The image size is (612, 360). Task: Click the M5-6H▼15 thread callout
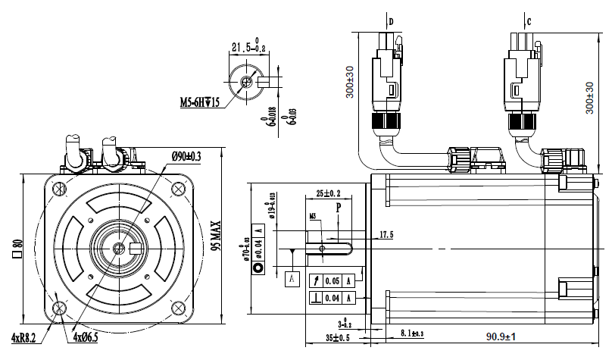(199, 102)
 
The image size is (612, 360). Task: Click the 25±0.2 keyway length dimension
(328, 193)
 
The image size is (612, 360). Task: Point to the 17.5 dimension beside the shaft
(386, 235)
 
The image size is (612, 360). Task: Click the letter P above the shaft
(339, 206)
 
